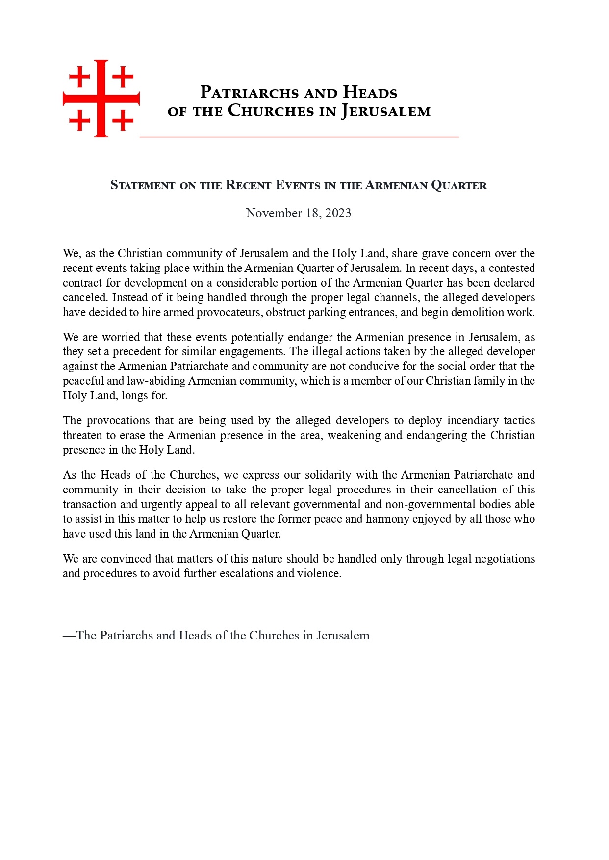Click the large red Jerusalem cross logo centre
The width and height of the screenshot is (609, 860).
pos(101,98)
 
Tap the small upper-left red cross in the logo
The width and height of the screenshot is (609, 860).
pos(79,77)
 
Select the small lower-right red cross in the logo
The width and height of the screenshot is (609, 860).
pos(123,121)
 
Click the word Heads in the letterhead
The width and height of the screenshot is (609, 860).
pos(370,93)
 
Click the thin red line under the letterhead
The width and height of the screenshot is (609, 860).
pos(299,137)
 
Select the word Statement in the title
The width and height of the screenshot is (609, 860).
pos(143,185)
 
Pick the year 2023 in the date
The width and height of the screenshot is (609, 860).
pos(338,213)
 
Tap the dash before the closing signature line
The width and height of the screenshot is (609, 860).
pos(69,636)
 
